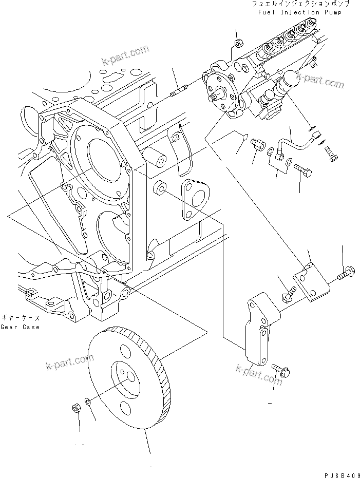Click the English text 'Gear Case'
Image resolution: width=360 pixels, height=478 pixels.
(20, 327)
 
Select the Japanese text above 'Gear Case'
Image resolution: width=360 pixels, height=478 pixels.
(21, 318)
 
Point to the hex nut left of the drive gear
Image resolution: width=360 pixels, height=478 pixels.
(75, 409)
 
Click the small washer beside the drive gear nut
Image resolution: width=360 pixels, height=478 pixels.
(89, 401)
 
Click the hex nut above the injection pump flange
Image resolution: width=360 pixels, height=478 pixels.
(238, 43)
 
